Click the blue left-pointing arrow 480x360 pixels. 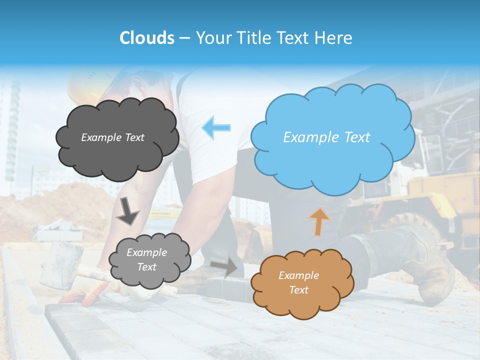(216, 127)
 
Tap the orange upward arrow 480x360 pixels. (319, 221)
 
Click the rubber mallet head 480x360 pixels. (61, 265)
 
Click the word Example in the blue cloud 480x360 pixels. (306, 137)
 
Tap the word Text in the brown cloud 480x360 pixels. (299, 290)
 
